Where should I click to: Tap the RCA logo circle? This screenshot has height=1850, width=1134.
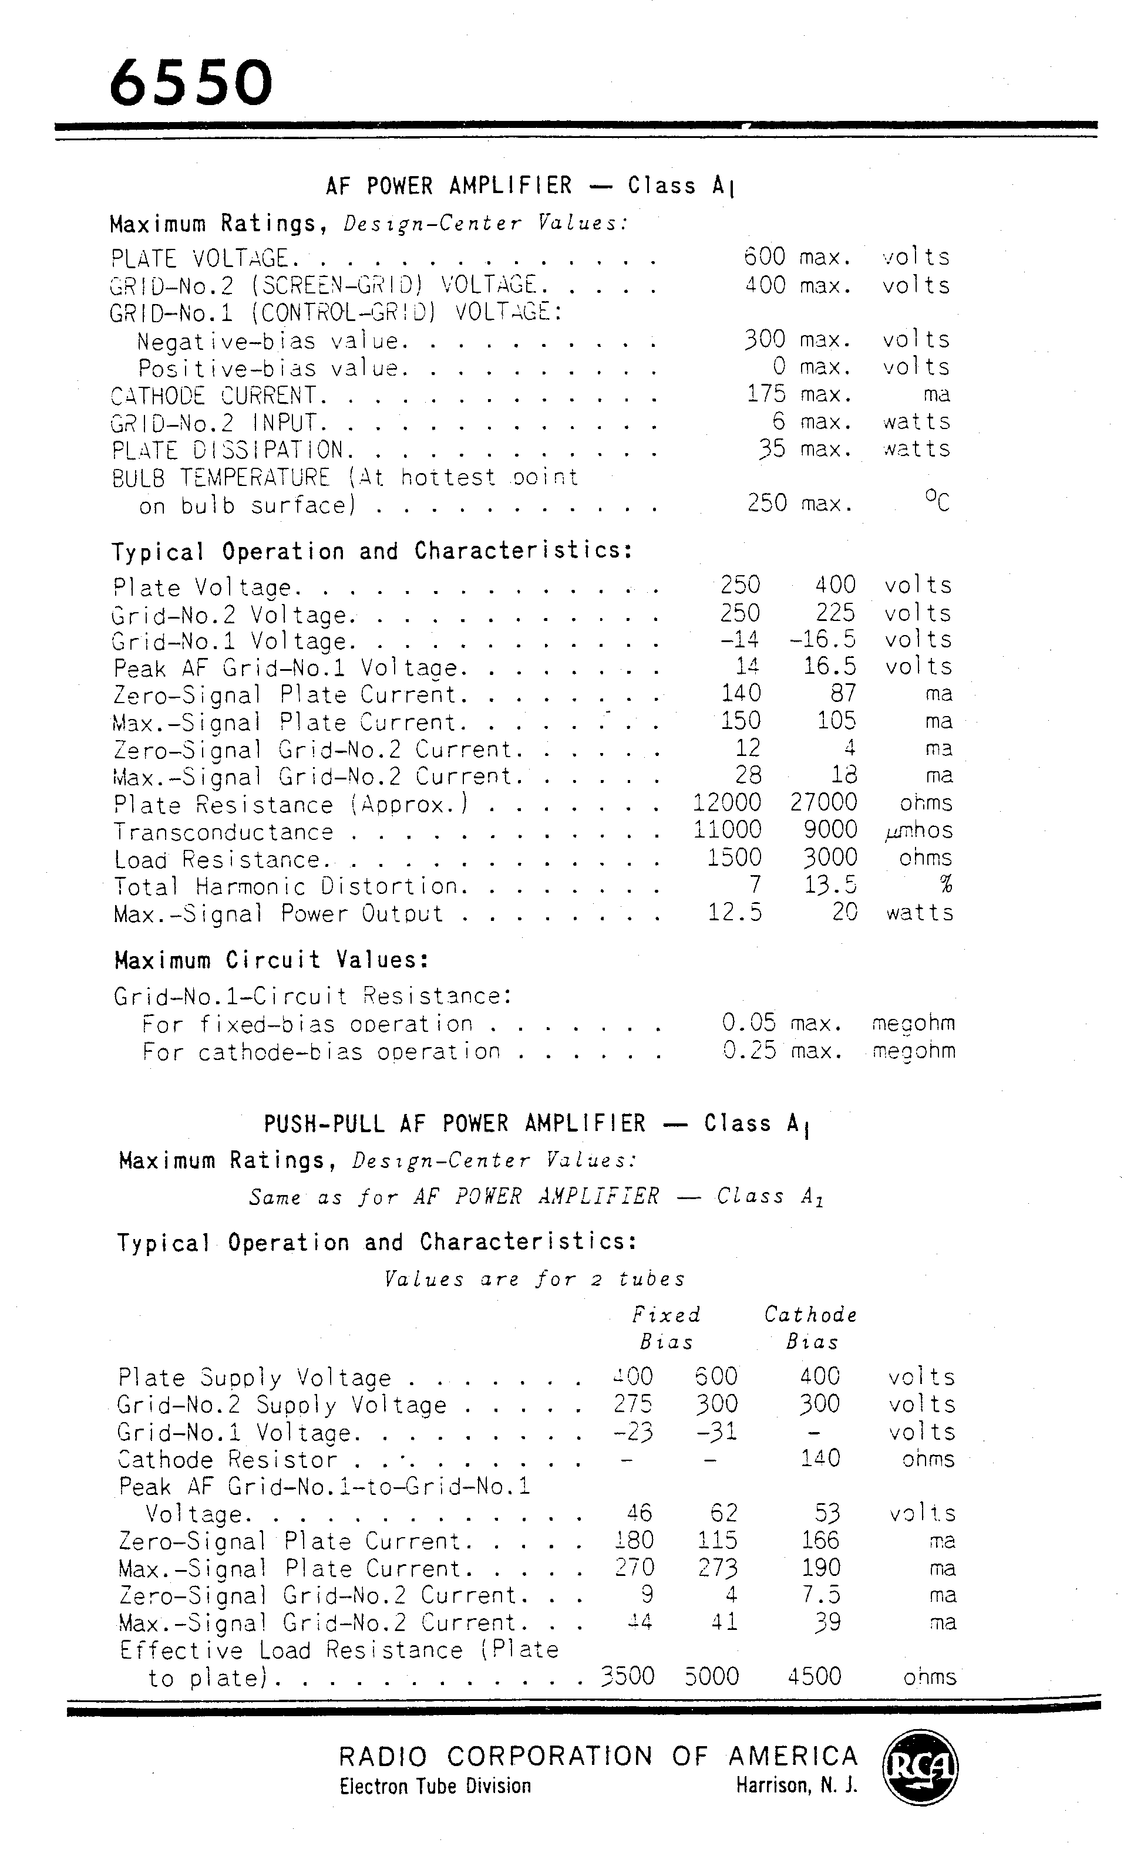920,1767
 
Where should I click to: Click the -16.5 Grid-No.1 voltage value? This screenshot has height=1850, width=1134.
822,639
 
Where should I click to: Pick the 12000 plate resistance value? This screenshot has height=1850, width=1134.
726,802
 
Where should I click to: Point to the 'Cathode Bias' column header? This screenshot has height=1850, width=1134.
811,1328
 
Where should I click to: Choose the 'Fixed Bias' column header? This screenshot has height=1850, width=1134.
666,1328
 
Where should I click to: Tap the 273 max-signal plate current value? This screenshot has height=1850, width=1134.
717,1568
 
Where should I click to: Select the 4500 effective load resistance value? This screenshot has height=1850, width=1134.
815,1676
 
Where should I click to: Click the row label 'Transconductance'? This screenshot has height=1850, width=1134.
223,832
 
